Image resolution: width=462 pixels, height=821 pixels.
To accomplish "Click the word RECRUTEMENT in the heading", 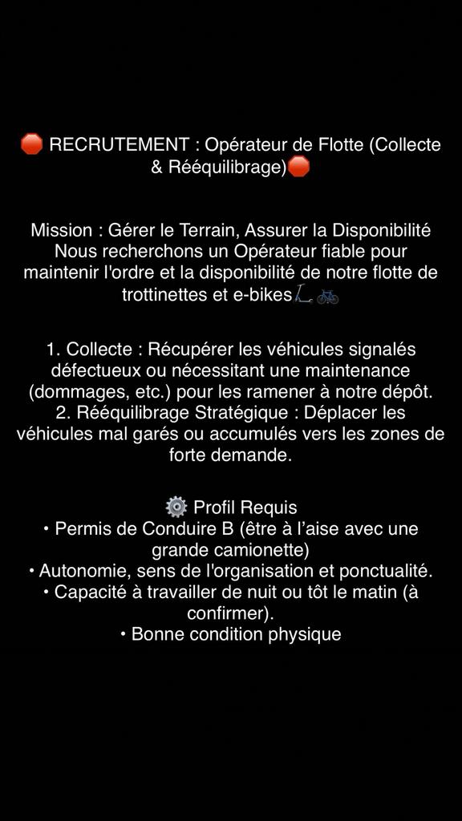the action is coord(119,145).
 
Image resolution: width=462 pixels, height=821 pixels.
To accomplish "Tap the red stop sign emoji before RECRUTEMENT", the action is coord(31,144).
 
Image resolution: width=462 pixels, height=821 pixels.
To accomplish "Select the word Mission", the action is coord(61,230).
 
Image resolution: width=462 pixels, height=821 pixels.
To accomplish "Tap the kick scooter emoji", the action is coord(302,294).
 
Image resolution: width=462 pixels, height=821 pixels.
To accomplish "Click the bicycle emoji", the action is coord(327,295).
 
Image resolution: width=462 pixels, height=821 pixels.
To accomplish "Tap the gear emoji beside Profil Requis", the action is coord(176,507).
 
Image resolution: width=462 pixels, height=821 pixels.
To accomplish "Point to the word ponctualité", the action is coord(383,571).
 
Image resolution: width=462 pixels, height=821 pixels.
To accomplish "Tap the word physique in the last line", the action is coord(301,633).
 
